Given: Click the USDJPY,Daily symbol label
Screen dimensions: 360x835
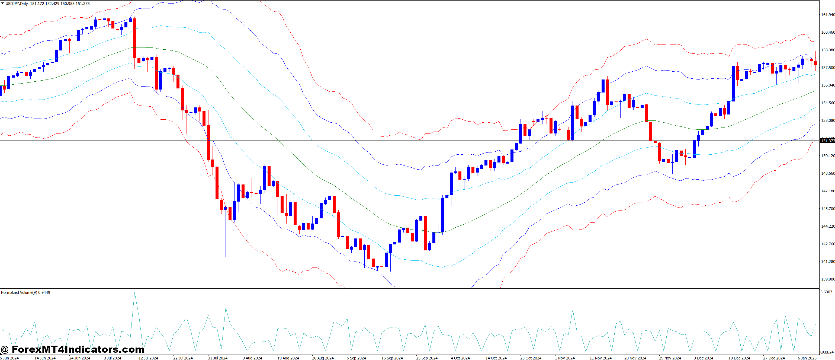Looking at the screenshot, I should click(x=17, y=4).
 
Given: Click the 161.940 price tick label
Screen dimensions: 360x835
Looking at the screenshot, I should click(x=827, y=15).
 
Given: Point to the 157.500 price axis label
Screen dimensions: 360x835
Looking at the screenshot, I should click(x=827, y=68).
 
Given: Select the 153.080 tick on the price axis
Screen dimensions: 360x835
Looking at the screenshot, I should click(x=827, y=121).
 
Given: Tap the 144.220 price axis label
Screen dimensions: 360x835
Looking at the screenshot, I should click(x=827, y=226).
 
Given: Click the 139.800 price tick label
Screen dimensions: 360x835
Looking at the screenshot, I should click(x=827, y=279).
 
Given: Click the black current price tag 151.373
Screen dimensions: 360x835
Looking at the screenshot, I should click(x=827, y=141).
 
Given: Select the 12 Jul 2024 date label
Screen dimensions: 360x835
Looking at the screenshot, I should click(x=148, y=358).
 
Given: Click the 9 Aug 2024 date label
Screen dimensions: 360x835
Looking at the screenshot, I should click(x=252, y=358).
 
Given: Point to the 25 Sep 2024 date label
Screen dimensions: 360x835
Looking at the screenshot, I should click(x=426, y=358).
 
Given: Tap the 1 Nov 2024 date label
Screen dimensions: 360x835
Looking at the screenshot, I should click(x=565, y=358).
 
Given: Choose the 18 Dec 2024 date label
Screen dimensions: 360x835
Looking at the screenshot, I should click(x=739, y=358).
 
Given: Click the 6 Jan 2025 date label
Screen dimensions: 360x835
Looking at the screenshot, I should click(x=807, y=358).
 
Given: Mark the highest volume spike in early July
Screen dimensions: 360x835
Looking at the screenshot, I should click(x=134, y=293).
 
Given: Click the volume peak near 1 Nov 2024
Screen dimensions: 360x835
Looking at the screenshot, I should click(x=573, y=310).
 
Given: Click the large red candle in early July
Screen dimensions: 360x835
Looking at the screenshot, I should click(x=134, y=38).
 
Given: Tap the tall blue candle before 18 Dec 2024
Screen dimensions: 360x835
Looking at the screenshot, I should click(x=733, y=83).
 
